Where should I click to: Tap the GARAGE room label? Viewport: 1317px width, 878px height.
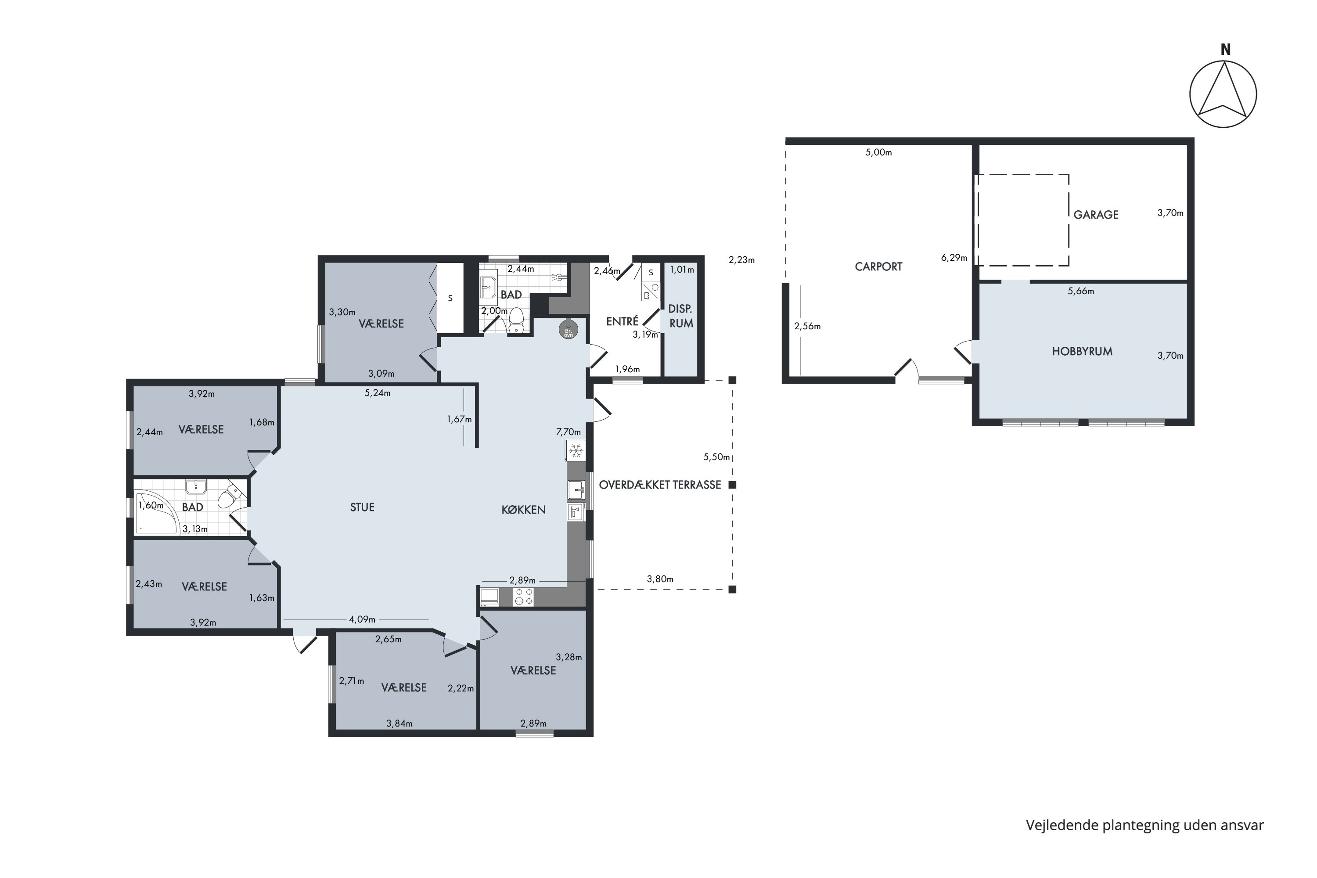1096,215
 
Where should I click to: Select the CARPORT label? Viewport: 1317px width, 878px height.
878,266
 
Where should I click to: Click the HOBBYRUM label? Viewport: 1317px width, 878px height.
1082,352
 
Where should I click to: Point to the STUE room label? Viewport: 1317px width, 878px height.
362,507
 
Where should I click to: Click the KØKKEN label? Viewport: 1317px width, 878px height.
524,510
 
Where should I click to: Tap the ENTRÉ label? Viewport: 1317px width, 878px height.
622,321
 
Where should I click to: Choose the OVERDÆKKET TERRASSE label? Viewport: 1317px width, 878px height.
660,485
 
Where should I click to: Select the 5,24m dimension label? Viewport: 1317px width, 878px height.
378,393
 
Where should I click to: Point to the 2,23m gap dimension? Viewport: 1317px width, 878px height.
741,260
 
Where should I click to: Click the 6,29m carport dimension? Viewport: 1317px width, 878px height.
954,258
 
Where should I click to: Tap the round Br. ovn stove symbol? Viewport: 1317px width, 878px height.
569,329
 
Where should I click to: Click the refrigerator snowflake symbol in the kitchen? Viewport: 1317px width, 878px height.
576,450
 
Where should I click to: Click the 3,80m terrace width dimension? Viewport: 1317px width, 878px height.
660,579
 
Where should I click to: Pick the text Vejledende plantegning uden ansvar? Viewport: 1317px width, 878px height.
1144,825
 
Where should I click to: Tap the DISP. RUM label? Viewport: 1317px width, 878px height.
681,317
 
